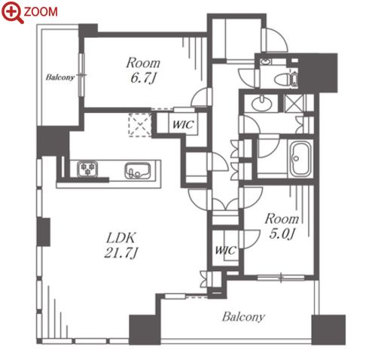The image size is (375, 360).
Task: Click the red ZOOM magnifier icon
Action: tap(12, 12)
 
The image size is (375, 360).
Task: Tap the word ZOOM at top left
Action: tap(41, 12)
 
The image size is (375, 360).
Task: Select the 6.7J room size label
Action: tap(143, 78)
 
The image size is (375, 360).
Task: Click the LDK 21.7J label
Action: tap(121, 246)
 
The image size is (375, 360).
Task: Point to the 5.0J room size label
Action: tap(282, 234)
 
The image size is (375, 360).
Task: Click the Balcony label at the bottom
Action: tap(243, 316)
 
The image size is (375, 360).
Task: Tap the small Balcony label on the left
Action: tap(60, 77)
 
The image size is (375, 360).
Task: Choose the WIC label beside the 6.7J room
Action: tap(183, 124)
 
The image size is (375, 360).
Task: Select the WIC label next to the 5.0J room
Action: tap(226, 250)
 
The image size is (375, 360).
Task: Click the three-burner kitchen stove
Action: tap(87, 169)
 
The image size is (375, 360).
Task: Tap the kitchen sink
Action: tap(138, 171)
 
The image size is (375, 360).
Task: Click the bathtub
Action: tap(300, 159)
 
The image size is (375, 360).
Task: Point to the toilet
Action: tap(286, 79)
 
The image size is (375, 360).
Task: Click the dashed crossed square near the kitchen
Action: tap(140, 125)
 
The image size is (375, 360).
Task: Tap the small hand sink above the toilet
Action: tap(264, 62)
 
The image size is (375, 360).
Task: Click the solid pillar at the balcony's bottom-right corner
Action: tap(328, 330)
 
